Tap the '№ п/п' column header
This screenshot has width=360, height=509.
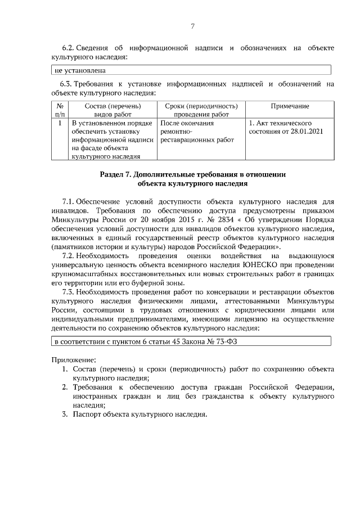pyautogui.click(x=60, y=110)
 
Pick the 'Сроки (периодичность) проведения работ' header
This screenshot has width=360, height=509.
pyautogui.click(x=201, y=110)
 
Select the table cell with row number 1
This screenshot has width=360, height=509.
pyautogui.click(x=60, y=123)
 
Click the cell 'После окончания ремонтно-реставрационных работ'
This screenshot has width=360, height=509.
pyautogui.click(x=201, y=131)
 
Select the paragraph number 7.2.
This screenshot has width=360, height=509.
pyautogui.click(x=69, y=255)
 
